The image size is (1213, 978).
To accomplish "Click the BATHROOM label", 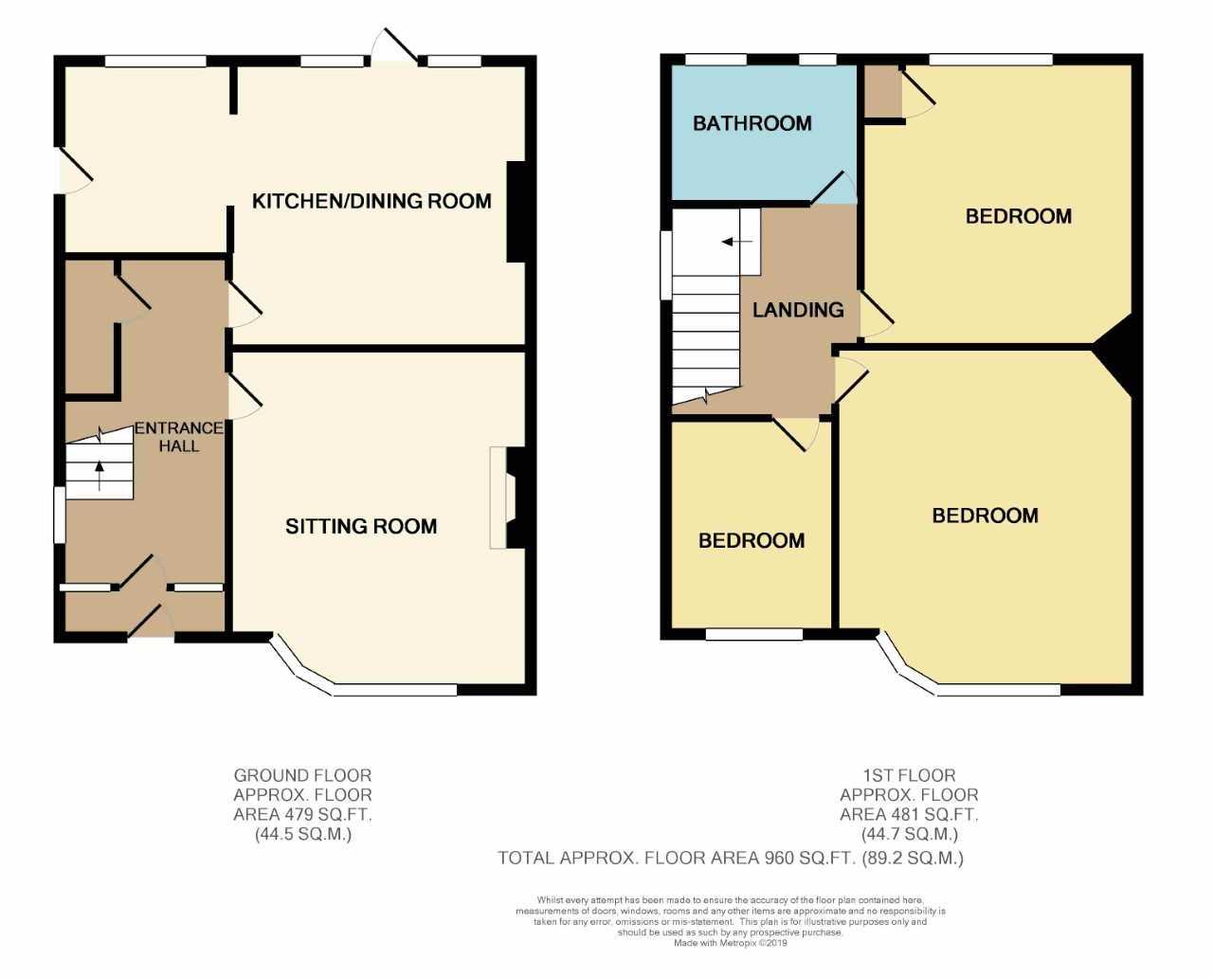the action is (x=751, y=123).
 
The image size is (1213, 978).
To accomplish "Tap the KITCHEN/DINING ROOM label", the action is (x=371, y=201).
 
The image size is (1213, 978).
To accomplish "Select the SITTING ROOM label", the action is (x=361, y=526).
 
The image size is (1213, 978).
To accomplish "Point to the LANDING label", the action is (x=798, y=310).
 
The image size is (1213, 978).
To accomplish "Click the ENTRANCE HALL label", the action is (x=179, y=437).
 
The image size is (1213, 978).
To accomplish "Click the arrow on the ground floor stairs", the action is (x=100, y=475).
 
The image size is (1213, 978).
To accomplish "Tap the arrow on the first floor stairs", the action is (x=737, y=242).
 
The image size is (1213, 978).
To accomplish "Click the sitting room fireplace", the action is (x=508, y=498).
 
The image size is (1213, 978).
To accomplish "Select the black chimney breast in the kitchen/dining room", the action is (x=516, y=212).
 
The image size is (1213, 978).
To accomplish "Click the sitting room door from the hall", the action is (x=244, y=397).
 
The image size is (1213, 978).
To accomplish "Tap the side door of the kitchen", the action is (x=76, y=172).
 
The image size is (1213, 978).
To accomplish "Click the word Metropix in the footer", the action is (x=737, y=943).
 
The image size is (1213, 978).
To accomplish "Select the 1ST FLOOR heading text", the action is (x=909, y=775).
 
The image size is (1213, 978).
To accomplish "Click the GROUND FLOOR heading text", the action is (x=302, y=775).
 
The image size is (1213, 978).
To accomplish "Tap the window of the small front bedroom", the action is (x=754, y=635).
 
